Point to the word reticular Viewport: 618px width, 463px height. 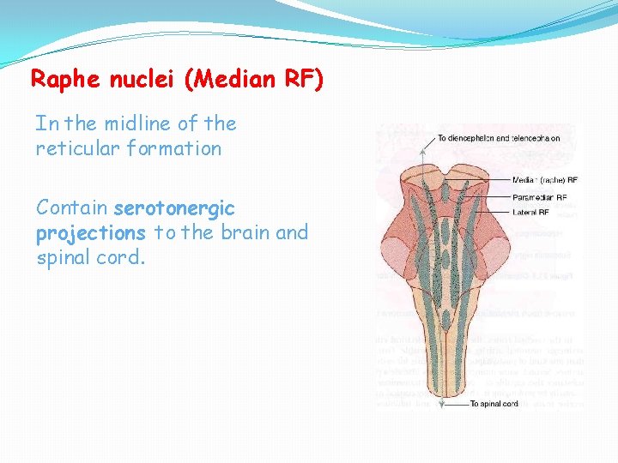click(75, 148)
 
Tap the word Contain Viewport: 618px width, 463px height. click(72, 208)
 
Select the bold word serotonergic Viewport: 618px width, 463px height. click(174, 208)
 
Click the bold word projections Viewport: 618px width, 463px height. click(90, 233)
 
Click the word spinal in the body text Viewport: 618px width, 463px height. click(65, 258)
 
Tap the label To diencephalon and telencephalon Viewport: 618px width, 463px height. click(499, 137)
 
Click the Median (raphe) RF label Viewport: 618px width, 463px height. click(545, 180)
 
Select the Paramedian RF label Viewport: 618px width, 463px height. click(539, 196)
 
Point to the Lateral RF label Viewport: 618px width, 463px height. click(532, 212)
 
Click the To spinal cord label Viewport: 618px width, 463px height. click(494, 403)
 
